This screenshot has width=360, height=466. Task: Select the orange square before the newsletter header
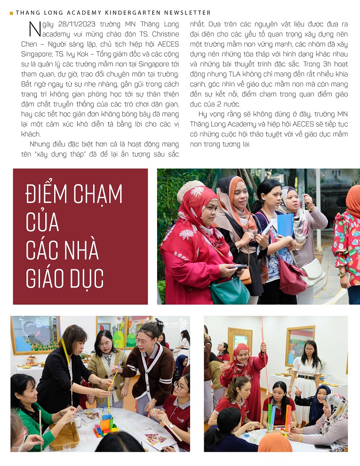[11, 13]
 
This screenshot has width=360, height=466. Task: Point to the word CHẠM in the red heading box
[98, 194]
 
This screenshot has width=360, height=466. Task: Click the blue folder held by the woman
[285, 225]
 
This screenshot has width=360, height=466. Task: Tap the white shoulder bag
[312, 272]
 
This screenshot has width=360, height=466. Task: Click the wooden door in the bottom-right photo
[240, 345]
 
